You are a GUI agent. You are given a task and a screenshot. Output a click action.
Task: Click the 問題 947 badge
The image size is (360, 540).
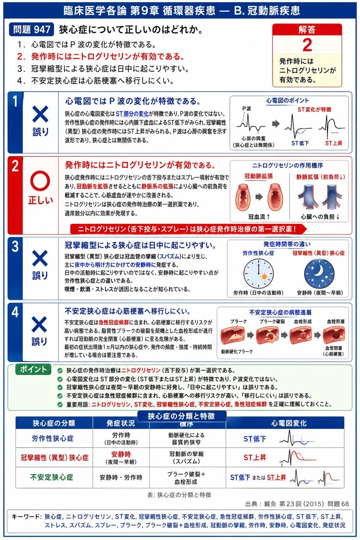[31, 30]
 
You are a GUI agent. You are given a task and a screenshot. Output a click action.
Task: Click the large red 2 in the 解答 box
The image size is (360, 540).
[307, 45]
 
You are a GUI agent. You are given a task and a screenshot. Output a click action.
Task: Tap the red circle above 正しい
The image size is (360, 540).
[40, 181]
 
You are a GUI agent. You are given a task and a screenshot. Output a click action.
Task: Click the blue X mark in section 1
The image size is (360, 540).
[40, 114]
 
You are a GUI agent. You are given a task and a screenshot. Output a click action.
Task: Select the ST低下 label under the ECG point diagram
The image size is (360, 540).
[300, 143]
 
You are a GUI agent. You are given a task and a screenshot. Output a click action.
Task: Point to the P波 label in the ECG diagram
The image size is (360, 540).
[246, 108]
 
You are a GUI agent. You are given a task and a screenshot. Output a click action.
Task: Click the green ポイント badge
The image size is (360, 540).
[33, 369]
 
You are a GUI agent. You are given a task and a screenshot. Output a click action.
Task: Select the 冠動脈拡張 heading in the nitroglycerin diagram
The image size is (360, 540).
[258, 176]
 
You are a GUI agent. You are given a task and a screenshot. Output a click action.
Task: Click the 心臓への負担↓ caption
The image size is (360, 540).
[320, 217]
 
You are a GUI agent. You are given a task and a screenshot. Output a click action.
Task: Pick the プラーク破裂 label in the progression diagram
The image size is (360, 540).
[272, 321]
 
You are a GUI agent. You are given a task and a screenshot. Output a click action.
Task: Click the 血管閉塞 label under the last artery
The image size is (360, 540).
[333, 348]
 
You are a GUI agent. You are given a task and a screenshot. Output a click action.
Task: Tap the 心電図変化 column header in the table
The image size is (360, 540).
[289, 423]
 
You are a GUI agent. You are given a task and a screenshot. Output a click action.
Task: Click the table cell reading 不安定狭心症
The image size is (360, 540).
[51, 477]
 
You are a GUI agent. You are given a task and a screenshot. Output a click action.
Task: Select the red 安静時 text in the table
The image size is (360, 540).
[121, 454]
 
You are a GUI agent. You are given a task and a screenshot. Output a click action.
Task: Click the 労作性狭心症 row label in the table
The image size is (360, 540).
[53, 438]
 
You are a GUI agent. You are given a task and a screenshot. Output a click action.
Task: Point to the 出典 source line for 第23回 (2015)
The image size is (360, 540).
[297, 504]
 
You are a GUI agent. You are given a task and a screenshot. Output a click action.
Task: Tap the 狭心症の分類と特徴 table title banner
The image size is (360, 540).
[181, 416]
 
